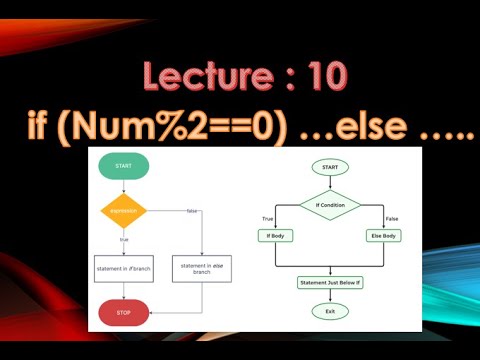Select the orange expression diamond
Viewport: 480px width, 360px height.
pos(123,210)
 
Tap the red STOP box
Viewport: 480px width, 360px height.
pos(123,312)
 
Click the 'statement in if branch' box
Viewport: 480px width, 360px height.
pos(123,268)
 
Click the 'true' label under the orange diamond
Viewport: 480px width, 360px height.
pos(124,239)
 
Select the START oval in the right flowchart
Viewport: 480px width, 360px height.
pos(330,167)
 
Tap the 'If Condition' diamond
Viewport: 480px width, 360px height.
pos(330,204)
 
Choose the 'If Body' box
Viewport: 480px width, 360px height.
pos(274,235)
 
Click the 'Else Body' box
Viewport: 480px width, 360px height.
pos(384,235)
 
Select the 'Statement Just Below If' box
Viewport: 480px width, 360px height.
pos(330,283)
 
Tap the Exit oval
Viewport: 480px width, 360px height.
pos(330,311)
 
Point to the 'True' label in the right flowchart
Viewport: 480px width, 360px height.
pos(268,217)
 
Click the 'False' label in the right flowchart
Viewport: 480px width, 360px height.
pos(391,217)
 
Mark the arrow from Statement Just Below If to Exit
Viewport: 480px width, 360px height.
pos(330,297)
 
